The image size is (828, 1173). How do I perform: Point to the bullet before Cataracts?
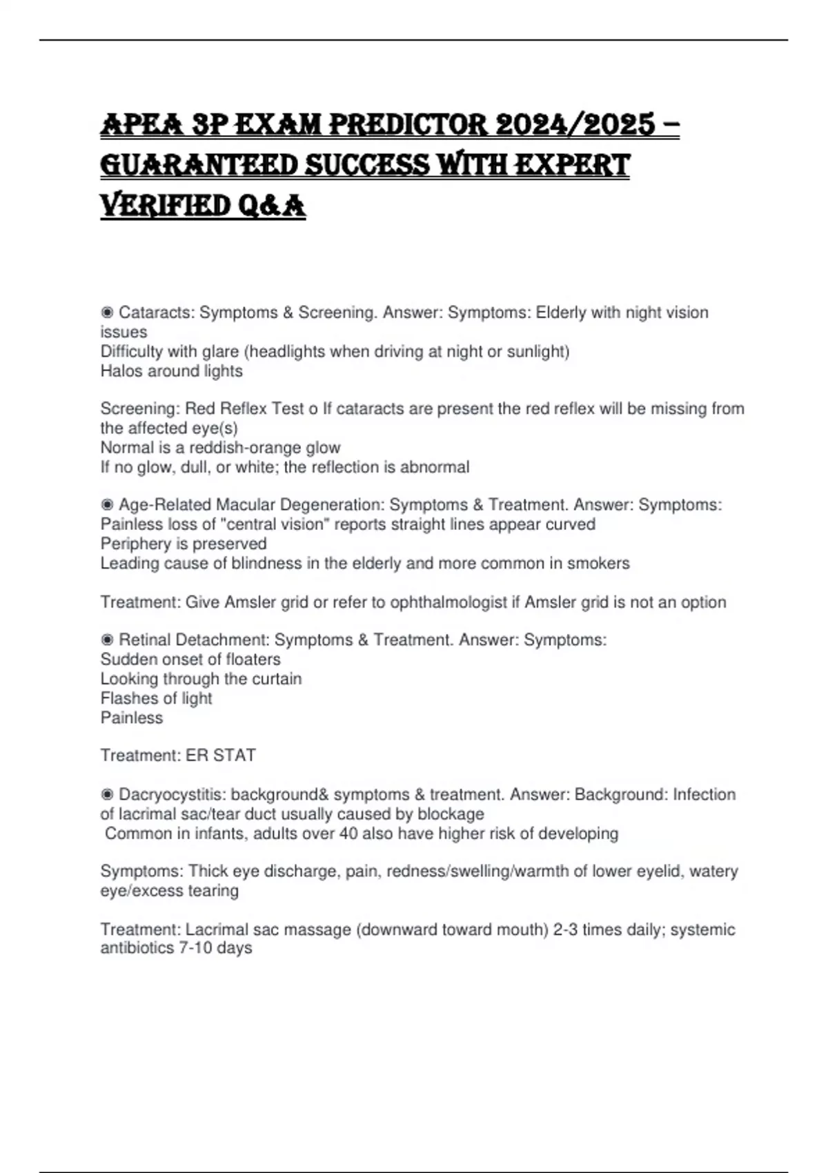107,313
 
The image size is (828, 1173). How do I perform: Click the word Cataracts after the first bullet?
156,313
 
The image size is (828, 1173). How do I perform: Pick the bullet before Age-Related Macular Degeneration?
107,505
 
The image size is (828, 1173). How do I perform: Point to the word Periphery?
133,544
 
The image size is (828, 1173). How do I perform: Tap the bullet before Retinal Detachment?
107,640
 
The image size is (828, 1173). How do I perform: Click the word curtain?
277,679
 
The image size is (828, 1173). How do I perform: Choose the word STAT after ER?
235,756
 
